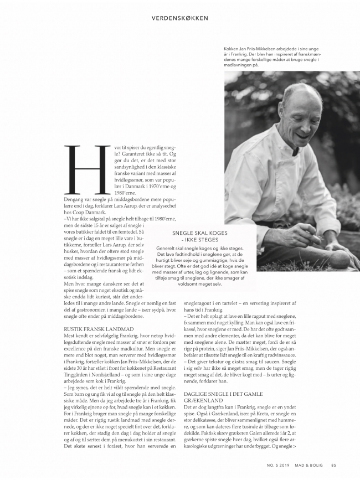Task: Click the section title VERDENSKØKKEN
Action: [180, 18]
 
